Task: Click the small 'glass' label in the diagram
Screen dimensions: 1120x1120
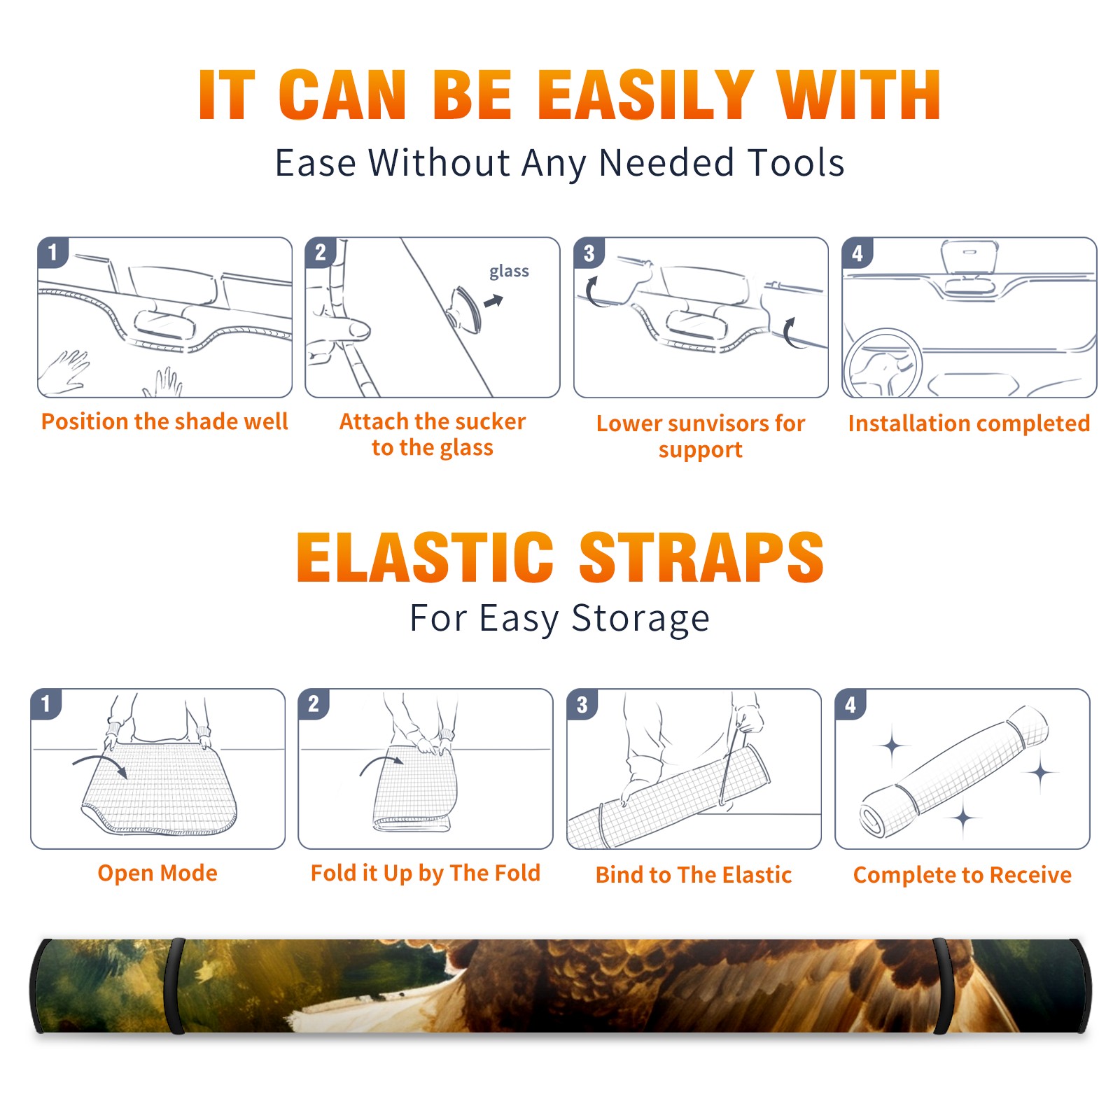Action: [509, 272]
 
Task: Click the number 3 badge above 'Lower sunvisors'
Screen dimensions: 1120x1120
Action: [588, 253]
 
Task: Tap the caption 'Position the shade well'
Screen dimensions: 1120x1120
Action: [164, 421]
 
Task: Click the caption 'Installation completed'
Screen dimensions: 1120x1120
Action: [969, 423]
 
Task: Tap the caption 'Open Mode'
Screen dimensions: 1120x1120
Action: [157, 873]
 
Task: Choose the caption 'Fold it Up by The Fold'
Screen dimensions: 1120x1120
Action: [426, 873]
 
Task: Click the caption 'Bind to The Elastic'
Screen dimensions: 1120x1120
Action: [694, 874]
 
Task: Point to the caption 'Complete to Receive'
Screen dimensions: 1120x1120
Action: [962, 875]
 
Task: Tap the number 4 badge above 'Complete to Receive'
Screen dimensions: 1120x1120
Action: [850, 704]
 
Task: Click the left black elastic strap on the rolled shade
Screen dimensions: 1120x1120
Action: [174, 986]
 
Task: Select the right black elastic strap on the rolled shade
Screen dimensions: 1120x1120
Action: [942, 986]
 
